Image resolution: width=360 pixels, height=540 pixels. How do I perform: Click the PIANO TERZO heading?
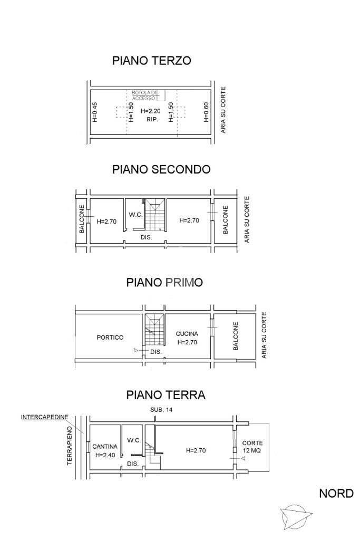click(x=151, y=61)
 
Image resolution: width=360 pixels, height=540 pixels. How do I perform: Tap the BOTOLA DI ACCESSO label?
click(x=144, y=95)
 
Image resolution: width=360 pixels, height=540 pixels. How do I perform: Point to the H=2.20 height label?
click(x=150, y=111)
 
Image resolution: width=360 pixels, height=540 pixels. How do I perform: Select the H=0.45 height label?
click(x=95, y=112)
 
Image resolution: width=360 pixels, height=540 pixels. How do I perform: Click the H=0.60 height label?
click(x=206, y=112)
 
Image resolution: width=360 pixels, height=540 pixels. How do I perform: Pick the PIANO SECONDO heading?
click(x=161, y=169)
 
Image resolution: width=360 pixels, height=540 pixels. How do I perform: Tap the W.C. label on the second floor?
click(x=135, y=215)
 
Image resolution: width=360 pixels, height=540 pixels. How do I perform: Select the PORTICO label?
click(x=110, y=337)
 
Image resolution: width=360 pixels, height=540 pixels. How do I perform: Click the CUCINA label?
click(x=187, y=334)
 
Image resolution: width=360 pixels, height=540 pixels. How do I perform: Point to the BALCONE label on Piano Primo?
click(x=236, y=336)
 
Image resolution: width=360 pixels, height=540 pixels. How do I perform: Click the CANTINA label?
click(x=105, y=447)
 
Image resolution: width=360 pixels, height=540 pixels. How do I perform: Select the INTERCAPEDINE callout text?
click(x=45, y=418)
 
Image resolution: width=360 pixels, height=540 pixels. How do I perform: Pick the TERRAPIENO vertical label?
click(x=70, y=446)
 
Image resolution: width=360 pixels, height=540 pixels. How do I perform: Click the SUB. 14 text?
click(x=161, y=410)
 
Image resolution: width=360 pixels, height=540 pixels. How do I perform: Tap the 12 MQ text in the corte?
click(x=252, y=450)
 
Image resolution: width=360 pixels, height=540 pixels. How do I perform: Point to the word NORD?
click(x=336, y=494)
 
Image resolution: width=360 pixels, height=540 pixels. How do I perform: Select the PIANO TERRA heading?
click(x=166, y=394)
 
